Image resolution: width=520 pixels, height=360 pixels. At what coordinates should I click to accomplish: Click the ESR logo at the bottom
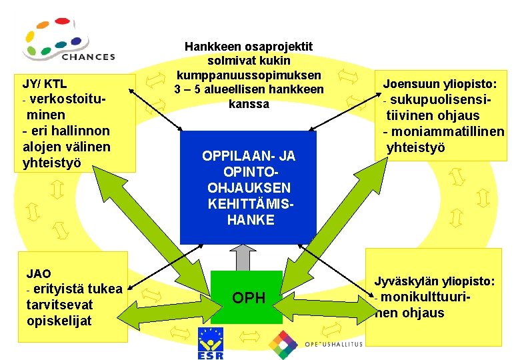pyautogui.click(x=211, y=344)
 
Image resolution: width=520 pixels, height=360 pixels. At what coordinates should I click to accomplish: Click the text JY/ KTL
pyautogui.click(x=45, y=85)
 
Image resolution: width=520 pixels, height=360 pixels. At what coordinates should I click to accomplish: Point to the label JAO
pyautogui.click(x=39, y=273)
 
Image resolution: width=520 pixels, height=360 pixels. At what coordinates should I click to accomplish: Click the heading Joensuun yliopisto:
pyautogui.click(x=439, y=85)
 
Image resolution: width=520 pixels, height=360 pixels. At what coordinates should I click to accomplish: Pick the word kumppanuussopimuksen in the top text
pyautogui.click(x=249, y=75)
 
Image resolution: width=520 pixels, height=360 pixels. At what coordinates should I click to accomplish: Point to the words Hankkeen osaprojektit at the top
pyautogui.click(x=249, y=47)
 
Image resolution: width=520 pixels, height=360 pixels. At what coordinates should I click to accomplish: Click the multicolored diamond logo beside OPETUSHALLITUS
pyautogui.click(x=283, y=344)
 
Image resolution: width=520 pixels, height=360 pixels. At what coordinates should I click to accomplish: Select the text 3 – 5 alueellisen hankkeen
pyautogui.click(x=249, y=89)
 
